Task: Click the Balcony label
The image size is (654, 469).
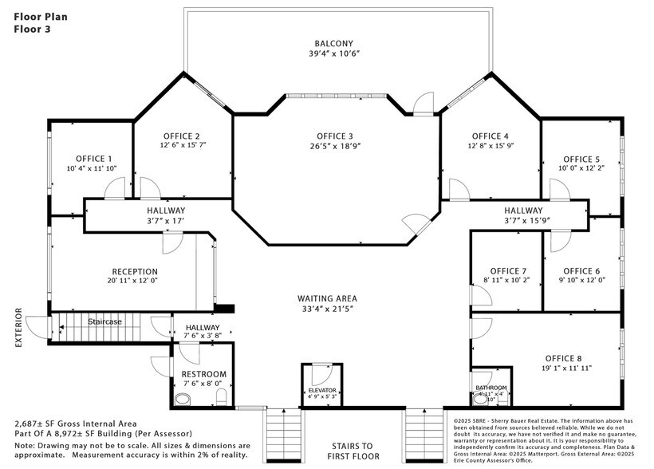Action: coord(333,43)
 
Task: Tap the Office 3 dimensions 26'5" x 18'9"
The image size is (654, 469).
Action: coord(333,147)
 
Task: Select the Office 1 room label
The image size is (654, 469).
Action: coord(94,158)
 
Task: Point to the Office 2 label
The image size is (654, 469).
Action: coord(182,136)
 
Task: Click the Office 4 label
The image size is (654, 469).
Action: coord(490,136)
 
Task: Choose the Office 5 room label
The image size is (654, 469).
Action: coord(581,159)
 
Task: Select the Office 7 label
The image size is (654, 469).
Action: coord(509,270)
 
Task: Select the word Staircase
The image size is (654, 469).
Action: coord(104,321)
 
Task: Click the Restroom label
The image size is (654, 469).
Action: coord(204,373)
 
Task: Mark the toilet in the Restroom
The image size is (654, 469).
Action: coord(223,396)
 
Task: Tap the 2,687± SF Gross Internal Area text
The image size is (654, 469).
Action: coord(75,423)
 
